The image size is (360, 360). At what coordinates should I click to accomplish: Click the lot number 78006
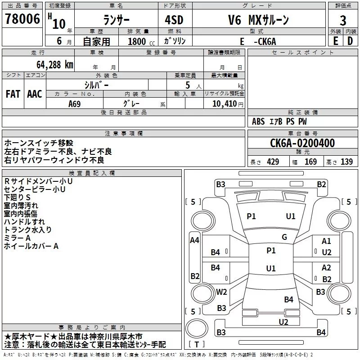[x=22, y=19]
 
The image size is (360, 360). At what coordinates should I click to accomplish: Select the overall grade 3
[x=343, y=21]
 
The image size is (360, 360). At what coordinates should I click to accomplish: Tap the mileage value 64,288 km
[x=55, y=65]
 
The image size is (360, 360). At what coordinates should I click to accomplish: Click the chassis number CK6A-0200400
[x=302, y=143]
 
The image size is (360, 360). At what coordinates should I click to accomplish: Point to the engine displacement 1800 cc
[x=141, y=41]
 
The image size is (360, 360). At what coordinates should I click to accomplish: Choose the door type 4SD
[x=174, y=20]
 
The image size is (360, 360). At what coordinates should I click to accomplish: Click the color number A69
[x=75, y=104]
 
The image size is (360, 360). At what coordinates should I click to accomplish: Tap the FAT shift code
[x=13, y=94]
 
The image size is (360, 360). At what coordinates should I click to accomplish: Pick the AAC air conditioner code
[x=35, y=94]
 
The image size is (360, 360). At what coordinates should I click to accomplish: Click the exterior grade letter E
[x=335, y=41]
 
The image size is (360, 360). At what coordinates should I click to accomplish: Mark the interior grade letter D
[x=350, y=41]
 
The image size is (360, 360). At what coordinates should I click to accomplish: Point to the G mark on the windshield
[x=284, y=237]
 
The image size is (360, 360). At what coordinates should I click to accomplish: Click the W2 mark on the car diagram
[x=221, y=292]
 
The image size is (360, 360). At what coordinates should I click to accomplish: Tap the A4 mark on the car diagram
[x=194, y=240]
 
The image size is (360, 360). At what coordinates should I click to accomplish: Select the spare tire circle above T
[x=197, y=328]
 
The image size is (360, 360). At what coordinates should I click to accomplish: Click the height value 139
[x=346, y=162]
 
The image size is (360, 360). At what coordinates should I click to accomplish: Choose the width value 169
[x=310, y=162]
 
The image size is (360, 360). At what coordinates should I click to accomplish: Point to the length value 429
[x=273, y=162]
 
